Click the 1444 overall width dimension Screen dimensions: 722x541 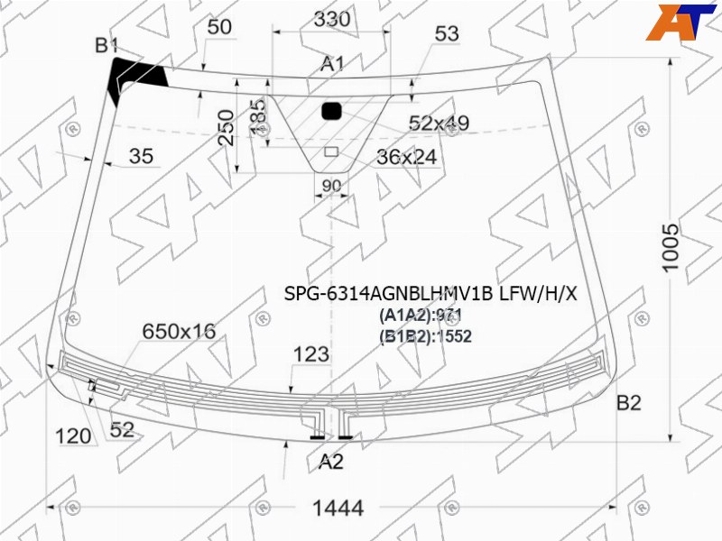tap(338, 508)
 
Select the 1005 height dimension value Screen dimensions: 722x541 tap(671, 248)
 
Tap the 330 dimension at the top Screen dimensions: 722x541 tap(332, 19)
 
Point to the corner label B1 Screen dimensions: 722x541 tap(106, 46)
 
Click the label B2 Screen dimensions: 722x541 tap(628, 403)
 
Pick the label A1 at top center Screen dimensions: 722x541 tap(332, 64)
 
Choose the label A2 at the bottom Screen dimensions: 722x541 tap(331, 462)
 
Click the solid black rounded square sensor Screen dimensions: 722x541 tap(331, 111)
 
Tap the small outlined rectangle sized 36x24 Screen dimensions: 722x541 tap(331, 151)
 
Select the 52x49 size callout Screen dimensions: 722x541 tap(439, 123)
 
